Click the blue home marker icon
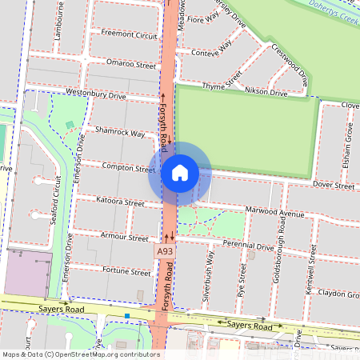179,173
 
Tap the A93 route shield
165,251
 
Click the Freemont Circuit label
124,34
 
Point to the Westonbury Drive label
96,94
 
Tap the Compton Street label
128,168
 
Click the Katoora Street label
120,202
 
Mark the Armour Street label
126,238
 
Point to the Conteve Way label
212,50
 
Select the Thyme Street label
222,83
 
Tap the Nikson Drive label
266,93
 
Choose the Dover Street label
333,186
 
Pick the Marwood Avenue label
276,214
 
